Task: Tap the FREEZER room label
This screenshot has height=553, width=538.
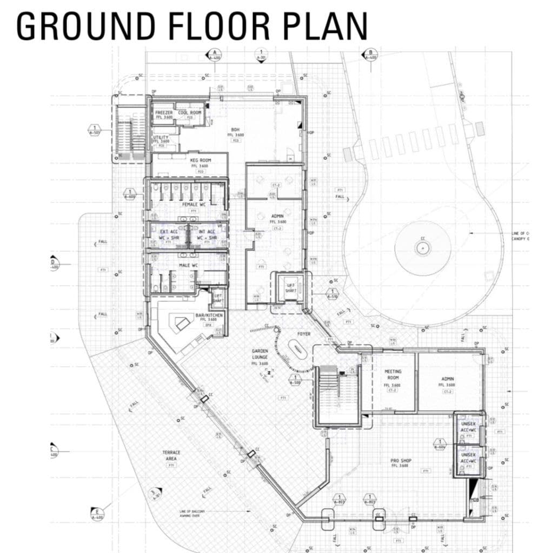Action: click(x=164, y=112)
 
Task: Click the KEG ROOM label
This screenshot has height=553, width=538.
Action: click(x=200, y=160)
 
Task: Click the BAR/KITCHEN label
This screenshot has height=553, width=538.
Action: click(x=209, y=315)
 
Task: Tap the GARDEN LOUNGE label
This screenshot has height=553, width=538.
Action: click(x=260, y=354)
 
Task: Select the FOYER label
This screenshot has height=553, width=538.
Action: click(x=304, y=334)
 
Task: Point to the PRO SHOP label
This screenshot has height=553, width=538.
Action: click(x=401, y=461)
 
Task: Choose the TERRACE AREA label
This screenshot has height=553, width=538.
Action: click(x=171, y=455)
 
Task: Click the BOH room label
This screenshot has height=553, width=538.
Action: click(x=235, y=130)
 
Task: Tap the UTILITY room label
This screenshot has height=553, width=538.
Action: click(x=161, y=138)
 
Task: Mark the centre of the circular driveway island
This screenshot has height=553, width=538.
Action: click(x=423, y=247)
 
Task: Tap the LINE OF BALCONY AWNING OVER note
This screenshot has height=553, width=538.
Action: click(x=195, y=513)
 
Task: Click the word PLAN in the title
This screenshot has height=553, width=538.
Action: click(x=323, y=25)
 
